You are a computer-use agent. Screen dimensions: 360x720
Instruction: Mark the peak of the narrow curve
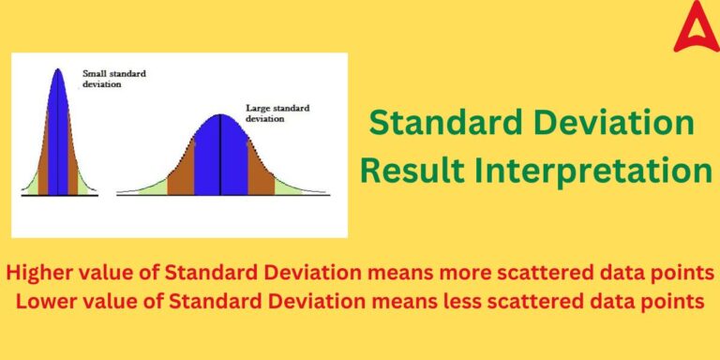point(59,71)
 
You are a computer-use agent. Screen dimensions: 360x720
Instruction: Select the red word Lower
point(43,303)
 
